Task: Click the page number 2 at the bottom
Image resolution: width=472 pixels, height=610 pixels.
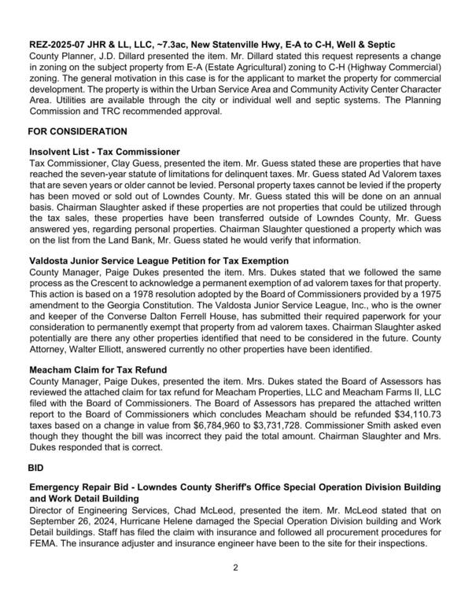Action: tap(236, 589)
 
